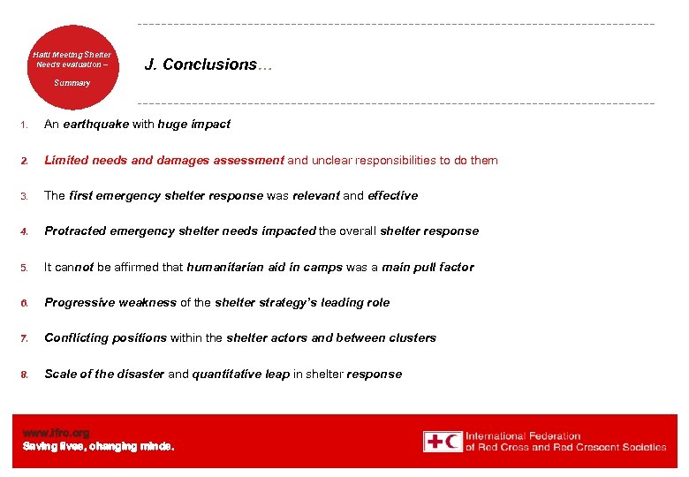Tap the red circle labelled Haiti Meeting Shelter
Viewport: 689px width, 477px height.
click(x=72, y=66)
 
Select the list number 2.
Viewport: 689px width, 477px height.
click(x=26, y=161)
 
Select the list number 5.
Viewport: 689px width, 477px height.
click(x=26, y=268)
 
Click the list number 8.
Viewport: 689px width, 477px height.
click(x=26, y=375)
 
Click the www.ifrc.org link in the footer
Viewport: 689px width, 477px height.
click(x=56, y=433)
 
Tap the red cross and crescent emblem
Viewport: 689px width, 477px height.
click(x=442, y=442)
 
